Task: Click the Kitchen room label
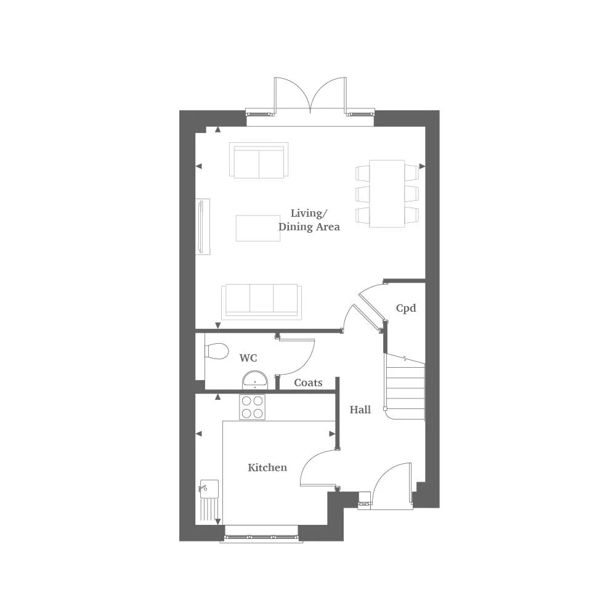267,468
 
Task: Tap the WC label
248,358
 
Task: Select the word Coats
308,383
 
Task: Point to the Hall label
360,410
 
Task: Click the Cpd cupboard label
406,308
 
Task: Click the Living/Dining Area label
309,220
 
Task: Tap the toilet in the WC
216,351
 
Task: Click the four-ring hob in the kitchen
253,407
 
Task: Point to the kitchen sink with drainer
209,500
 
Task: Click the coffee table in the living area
258,227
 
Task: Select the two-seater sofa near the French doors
259,160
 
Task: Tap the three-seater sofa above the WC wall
262,301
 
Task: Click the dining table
387,193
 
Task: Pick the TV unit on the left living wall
203,226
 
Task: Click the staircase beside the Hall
405,387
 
